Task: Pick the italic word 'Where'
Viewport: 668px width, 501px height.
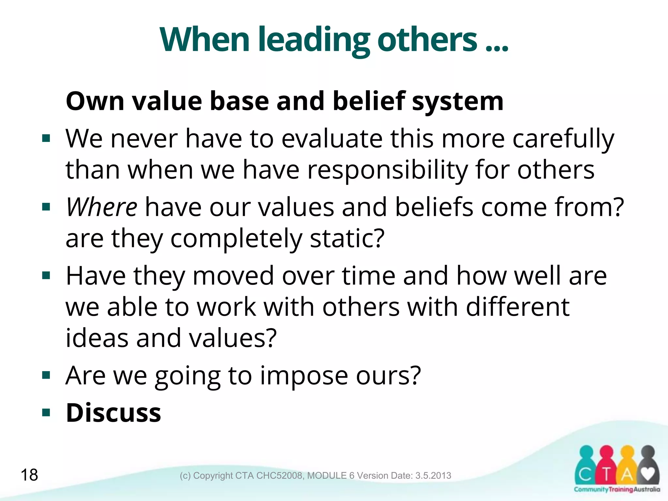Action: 101,207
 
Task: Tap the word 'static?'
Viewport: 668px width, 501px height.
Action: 347,238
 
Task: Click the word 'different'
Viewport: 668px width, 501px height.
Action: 518,307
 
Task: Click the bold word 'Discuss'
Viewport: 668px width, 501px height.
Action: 114,413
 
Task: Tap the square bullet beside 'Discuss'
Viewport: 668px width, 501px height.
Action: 46,413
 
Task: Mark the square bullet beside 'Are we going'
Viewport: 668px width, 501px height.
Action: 46,376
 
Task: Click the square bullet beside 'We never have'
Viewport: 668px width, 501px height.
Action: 46,139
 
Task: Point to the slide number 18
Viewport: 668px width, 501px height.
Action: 29,475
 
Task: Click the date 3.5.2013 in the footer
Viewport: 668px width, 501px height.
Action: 433,476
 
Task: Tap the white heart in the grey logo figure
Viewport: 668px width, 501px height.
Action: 648,473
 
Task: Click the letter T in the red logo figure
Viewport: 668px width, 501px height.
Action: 606,475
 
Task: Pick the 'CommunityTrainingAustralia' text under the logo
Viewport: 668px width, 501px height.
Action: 617,489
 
